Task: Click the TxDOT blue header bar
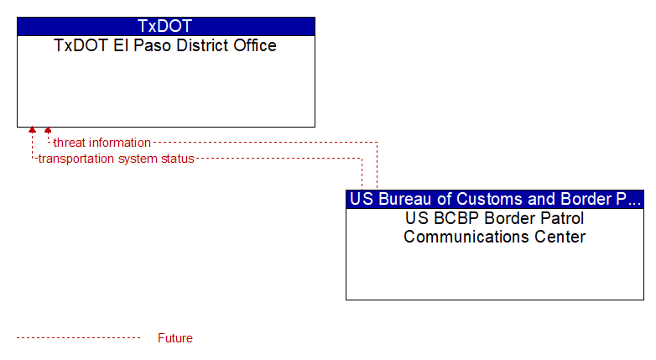tap(166, 26)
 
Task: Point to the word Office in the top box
tap(255, 45)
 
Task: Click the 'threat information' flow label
tap(102, 143)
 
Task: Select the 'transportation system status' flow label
tap(117, 159)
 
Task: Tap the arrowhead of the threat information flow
tap(48, 130)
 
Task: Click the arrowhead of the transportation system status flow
tap(32, 130)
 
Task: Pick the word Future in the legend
tap(175, 338)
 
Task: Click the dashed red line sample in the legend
tap(79, 338)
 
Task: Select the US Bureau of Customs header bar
tap(495, 199)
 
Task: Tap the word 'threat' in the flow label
tap(69, 143)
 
